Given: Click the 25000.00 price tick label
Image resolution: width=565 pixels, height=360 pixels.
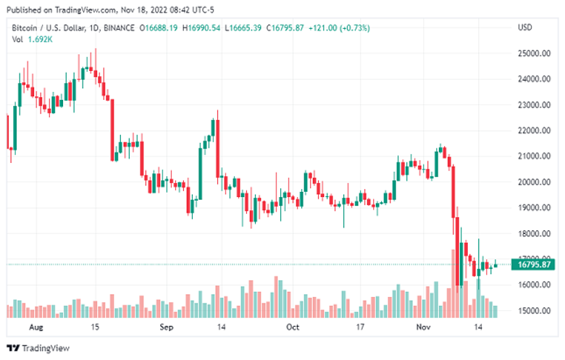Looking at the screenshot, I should click(x=532, y=54).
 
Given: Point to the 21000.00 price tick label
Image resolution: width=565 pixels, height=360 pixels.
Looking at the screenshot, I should click(x=532, y=156).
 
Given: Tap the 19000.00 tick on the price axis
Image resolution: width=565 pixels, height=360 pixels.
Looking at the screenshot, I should click(x=532, y=208).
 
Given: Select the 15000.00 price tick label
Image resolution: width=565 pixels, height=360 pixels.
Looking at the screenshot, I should click(x=532, y=311).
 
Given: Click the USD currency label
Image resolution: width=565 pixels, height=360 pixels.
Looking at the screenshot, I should click(x=525, y=28).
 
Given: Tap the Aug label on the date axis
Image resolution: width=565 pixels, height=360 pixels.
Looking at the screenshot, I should click(x=35, y=327).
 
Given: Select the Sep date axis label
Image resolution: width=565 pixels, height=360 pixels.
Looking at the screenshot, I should click(x=166, y=327).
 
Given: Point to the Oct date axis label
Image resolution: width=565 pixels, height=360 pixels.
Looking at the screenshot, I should click(x=292, y=327).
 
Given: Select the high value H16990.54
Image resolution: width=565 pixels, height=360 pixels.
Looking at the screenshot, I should click(x=201, y=28).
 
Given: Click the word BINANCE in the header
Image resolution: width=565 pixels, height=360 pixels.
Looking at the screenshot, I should click(x=119, y=28).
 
